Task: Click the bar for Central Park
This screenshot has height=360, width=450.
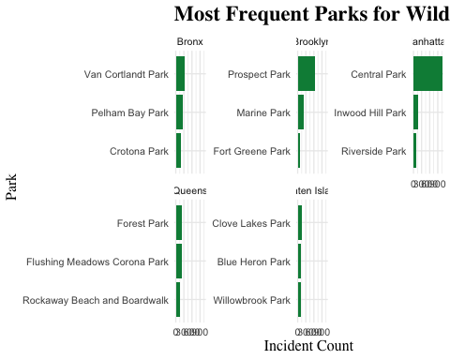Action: (x=427, y=74)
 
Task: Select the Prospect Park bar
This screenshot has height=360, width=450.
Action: (x=307, y=74)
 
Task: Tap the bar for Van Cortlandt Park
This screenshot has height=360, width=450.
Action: (x=180, y=74)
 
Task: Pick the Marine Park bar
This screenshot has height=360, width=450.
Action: (x=301, y=112)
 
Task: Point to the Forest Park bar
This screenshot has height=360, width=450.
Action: (x=179, y=223)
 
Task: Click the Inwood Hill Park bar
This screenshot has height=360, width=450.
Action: (x=415, y=112)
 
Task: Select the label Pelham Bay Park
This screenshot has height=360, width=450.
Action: (x=129, y=112)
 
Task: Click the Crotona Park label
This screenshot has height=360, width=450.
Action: (x=139, y=151)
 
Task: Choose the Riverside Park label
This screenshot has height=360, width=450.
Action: (x=373, y=151)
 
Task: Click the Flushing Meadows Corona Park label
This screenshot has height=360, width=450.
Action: (x=97, y=262)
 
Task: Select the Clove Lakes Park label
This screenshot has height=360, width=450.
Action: (x=251, y=223)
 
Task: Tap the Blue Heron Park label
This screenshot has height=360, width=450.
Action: (x=253, y=262)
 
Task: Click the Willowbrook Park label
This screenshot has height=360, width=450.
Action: (x=251, y=300)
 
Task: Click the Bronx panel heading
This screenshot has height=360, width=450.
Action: (x=190, y=42)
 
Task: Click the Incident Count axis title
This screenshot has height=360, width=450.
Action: (x=308, y=346)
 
